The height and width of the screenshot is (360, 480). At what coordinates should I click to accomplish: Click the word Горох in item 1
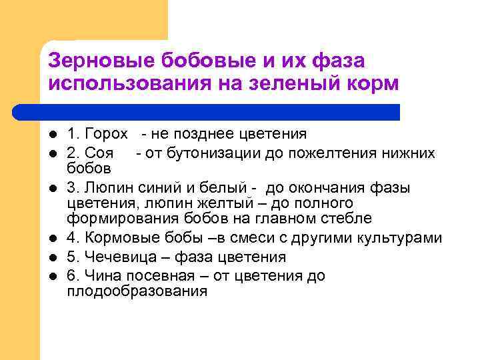click(x=106, y=134)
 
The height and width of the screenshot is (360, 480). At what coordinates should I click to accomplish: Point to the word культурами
click(x=400, y=237)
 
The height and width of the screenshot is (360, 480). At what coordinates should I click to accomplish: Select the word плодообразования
click(x=137, y=291)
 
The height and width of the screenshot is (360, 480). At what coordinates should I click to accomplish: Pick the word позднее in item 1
click(x=197, y=134)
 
